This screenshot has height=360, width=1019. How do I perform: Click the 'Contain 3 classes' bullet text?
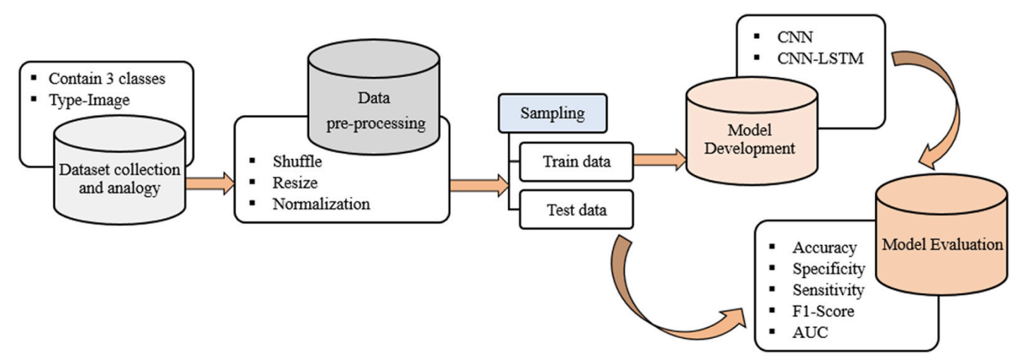pyautogui.click(x=106, y=78)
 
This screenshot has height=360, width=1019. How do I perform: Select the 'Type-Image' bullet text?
pyautogui.click(x=89, y=100)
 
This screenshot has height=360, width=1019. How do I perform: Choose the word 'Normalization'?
pyautogui.click(x=320, y=204)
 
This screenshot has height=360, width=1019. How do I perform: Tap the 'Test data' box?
pyautogui.click(x=575, y=209)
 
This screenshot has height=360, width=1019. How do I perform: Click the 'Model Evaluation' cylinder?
pyautogui.click(x=942, y=244)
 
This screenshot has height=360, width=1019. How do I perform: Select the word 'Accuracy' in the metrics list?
pyautogui.click(x=824, y=248)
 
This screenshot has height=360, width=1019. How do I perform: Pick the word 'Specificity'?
pyautogui.click(x=828, y=269)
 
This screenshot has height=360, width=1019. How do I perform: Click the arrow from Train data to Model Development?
pyautogui.click(x=659, y=160)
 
